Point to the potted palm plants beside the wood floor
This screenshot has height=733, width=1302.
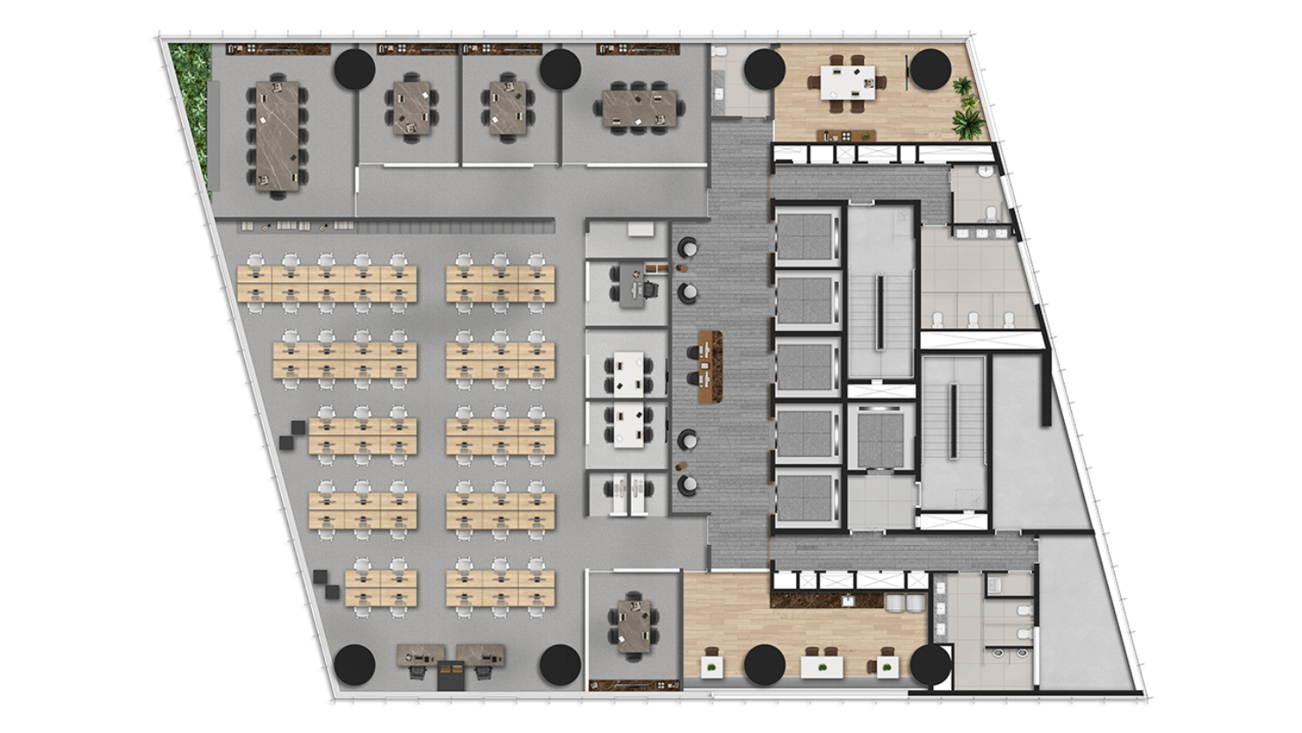click(966, 109)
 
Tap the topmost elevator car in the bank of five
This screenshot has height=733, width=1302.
click(807, 236)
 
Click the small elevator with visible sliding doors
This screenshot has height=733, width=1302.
click(880, 437)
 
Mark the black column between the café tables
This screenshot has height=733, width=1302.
click(763, 665)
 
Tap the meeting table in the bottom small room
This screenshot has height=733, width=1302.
click(634, 625)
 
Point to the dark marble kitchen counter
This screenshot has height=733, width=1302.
click(826, 600)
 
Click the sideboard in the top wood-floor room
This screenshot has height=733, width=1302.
click(846, 135)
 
